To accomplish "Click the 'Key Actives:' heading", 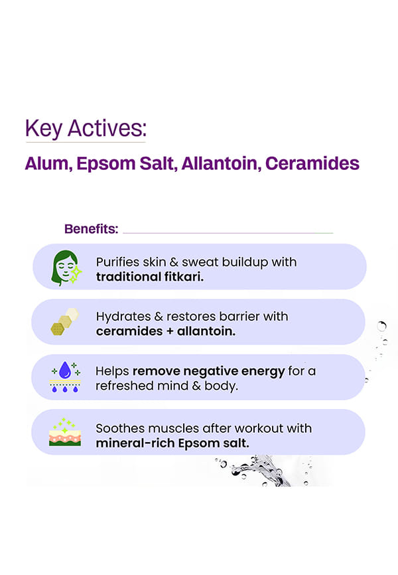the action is click(86, 129).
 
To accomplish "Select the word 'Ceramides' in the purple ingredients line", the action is click(312, 163).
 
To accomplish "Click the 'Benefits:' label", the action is click(92, 229).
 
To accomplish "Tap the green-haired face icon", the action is click(66, 268).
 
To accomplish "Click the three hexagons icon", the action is click(65, 321).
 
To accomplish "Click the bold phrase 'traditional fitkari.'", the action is click(150, 276).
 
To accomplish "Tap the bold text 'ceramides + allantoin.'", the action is click(166, 331).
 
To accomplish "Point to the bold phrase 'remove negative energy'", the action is click(208, 371).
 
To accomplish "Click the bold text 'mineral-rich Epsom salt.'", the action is click(172, 444).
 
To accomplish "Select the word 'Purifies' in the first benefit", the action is click(117, 262).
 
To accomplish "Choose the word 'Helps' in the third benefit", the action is click(112, 371).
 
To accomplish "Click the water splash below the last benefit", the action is click(262, 471).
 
